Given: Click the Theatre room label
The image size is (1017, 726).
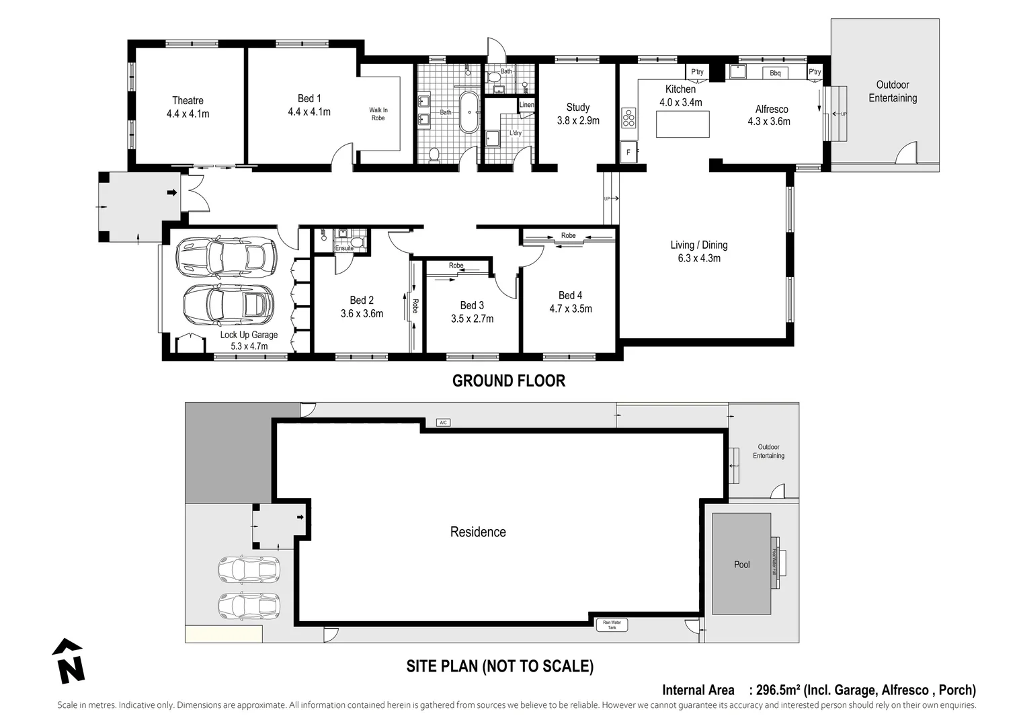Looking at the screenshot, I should [x=188, y=101].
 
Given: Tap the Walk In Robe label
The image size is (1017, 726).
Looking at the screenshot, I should [x=378, y=114].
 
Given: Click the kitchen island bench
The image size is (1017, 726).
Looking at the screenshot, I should [x=682, y=124].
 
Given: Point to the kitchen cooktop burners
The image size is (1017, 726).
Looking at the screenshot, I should [x=628, y=118].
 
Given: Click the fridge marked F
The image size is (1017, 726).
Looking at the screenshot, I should [x=628, y=152].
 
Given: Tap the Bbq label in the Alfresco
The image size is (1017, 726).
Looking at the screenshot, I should [x=775, y=73].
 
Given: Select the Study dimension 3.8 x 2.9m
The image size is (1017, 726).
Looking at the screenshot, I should [x=578, y=121].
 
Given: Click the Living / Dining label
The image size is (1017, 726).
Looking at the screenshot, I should [x=699, y=245].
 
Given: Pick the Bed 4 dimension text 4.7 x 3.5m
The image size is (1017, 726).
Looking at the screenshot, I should [x=571, y=309].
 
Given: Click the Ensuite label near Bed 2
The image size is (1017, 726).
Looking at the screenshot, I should [x=344, y=249].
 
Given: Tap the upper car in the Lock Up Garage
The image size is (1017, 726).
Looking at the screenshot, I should [x=227, y=256].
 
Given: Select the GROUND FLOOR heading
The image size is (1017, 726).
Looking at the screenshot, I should [x=509, y=381].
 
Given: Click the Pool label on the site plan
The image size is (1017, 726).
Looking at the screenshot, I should [x=741, y=565].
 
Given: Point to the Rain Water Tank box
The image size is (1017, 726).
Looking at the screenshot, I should [x=612, y=625].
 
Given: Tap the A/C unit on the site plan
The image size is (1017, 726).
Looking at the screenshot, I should [x=443, y=423].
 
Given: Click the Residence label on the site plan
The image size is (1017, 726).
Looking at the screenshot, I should [x=478, y=532].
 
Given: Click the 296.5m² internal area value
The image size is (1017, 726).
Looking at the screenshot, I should [x=778, y=690].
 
